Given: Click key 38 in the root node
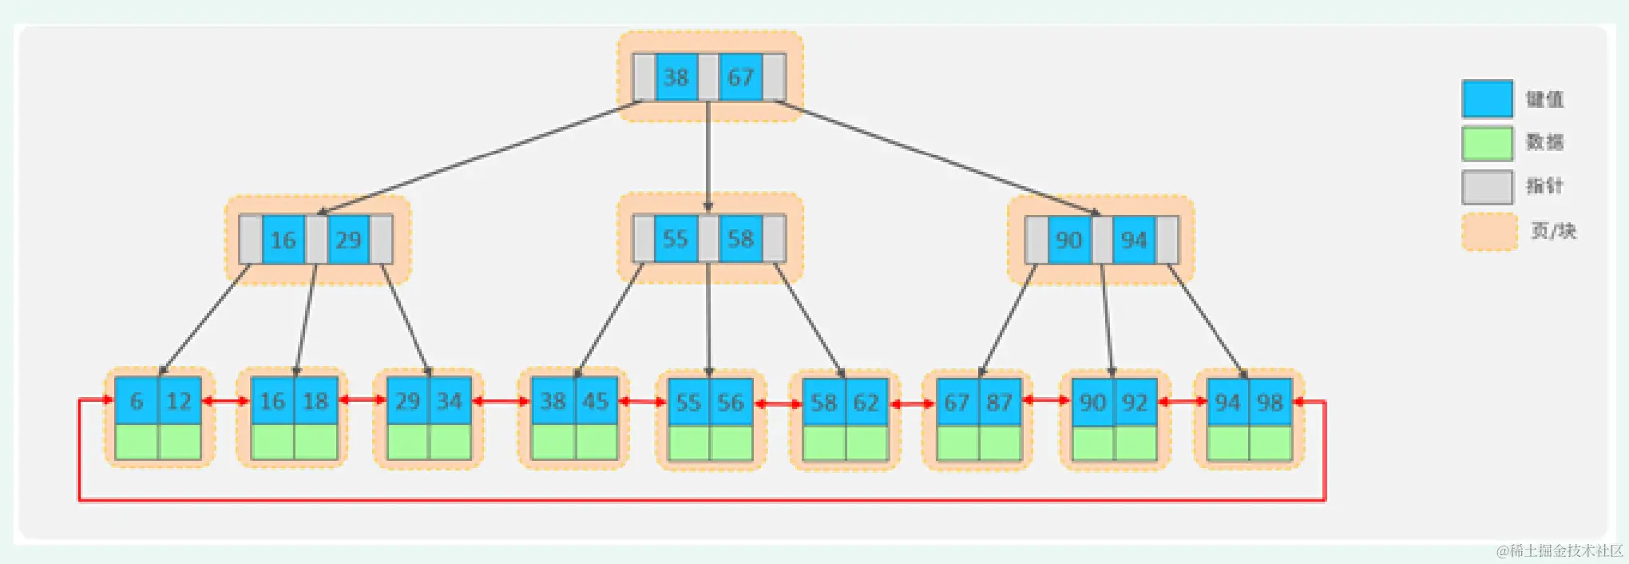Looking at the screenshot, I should (x=676, y=77).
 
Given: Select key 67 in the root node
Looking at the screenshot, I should (x=740, y=77).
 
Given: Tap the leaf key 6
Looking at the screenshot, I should (x=137, y=401).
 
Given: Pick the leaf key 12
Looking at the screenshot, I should (x=179, y=401).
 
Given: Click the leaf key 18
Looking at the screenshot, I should (x=315, y=401).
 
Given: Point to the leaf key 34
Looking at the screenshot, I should (x=450, y=401).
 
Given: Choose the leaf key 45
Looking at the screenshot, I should (x=596, y=401).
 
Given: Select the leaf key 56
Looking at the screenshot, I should (x=731, y=403).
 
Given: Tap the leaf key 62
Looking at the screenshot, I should (x=866, y=403).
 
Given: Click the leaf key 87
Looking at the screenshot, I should (x=1000, y=403).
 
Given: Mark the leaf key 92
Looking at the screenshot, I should (x=1135, y=403).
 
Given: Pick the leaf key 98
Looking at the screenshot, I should (x=1270, y=403).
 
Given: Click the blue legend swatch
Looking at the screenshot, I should (x=1487, y=99).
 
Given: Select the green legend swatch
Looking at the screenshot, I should (x=1487, y=144).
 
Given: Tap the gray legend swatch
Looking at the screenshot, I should (x=1487, y=188).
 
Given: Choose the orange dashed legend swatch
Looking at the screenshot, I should (x=1489, y=232).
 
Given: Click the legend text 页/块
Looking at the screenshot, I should (x=1553, y=232).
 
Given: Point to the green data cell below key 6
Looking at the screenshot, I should (x=137, y=442).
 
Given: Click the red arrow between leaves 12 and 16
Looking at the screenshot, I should (x=226, y=401).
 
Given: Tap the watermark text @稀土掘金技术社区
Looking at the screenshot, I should (x=1560, y=550).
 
